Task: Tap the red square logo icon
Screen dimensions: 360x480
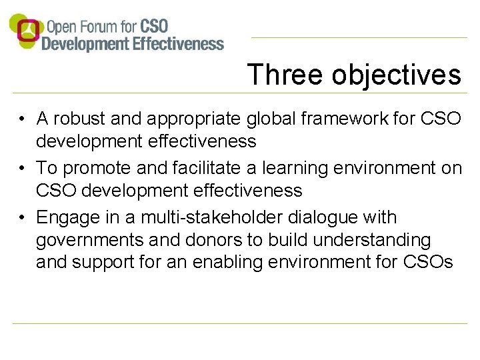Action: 27,30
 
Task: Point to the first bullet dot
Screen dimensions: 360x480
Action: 22,119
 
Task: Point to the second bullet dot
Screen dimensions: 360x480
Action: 22,169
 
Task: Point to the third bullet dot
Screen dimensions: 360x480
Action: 22,218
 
